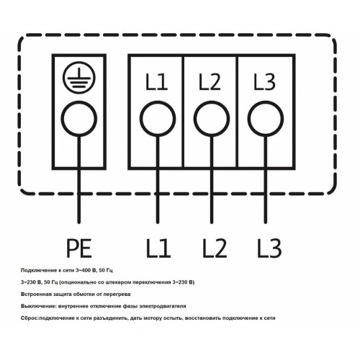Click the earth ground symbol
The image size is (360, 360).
pyautogui.click(x=79, y=78)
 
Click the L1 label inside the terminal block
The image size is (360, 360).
pyautogui.click(x=156, y=82)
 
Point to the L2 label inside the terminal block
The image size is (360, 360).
pyautogui.click(x=210, y=82)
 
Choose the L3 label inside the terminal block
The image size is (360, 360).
pyautogui.click(x=264, y=82)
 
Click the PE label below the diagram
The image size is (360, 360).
pyautogui.click(x=79, y=248)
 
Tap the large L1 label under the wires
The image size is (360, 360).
pyautogui.click(x=158, y=248)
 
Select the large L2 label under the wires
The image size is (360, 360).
pyautogui.click(x=215, y=248)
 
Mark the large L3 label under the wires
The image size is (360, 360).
pyautogui.click(x=269, y=248)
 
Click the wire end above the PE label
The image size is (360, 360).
pyautogui.click(x=79, y=223)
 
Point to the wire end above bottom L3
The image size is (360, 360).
pyautogui.click(x=266, y=223)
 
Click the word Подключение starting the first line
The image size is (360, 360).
pyautogui.click(x=35, y=271)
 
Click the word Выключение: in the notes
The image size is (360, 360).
pyautogui.click(x=39, y=306)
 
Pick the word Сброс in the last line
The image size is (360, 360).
pyautogui.click(x=30, y=318)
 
